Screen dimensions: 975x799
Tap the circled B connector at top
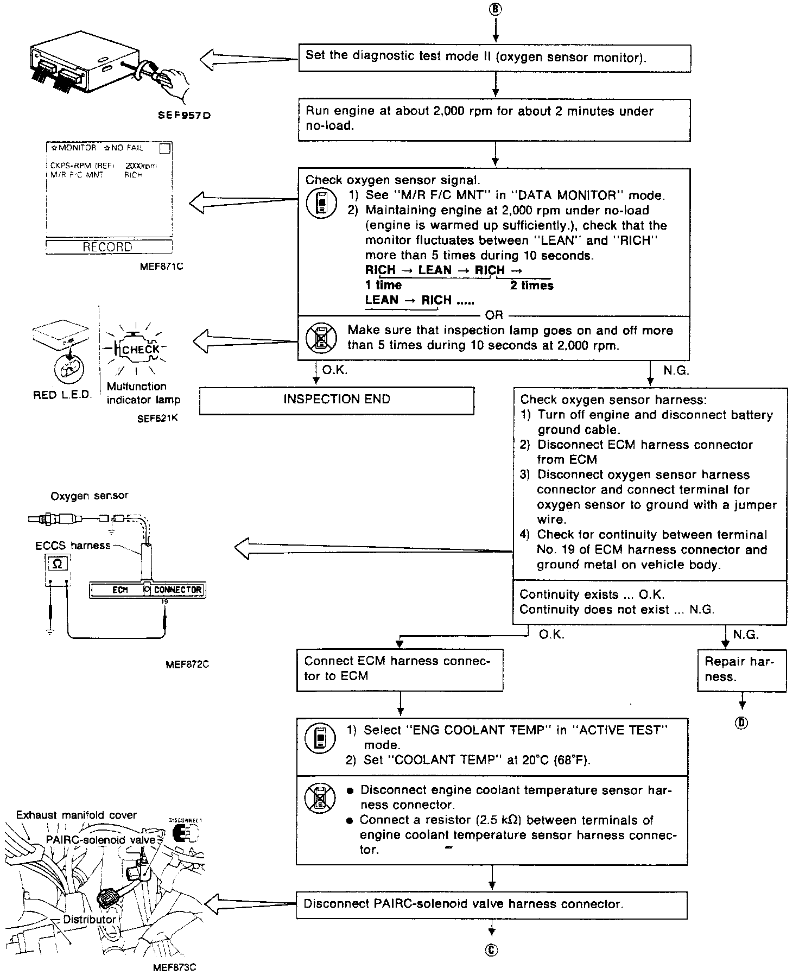(x=495, y=9)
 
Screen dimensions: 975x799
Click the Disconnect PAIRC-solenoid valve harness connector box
(x=491, y=904)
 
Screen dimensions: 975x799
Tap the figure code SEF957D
(x=184, y=115)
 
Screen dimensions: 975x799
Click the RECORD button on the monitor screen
(x=108, y=247)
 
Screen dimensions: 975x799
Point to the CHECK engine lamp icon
(x=140, y=349)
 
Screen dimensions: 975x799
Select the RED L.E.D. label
(x=62, y=395)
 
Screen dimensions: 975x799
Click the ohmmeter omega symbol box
(x=58, y=564)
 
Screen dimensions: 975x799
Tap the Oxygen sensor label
(x=90, y=496)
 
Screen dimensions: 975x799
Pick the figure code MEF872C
(x=187, y=664)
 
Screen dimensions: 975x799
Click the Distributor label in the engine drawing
(x=90, y=919)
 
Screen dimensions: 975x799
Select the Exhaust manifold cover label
(x=76, y=815)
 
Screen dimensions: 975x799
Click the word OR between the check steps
(x=494, y=315)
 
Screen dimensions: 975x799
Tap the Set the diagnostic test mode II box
(x=494, y=58)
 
